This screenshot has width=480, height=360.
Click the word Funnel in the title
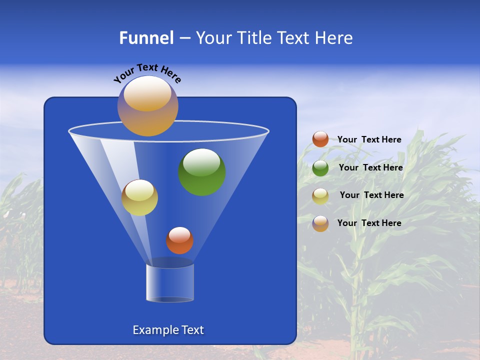point(146,38)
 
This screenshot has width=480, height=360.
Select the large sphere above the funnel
point(148,106)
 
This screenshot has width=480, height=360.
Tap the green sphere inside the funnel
point(202,172)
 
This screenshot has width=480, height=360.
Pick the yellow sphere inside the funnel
point(139,197)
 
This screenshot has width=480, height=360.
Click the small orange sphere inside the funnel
point(179,240)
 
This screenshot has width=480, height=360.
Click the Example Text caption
point(168,330)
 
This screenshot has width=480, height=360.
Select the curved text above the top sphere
point(147,73)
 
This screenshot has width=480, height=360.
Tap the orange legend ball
point(320,139)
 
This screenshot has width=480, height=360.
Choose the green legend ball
point(320,168)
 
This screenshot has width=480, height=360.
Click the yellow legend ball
point(320,196)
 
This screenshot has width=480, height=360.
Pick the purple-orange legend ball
point(320,223)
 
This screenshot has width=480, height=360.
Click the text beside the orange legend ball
point(369,139)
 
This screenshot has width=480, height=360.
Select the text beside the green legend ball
point(370,167)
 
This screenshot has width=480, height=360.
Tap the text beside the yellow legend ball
point(371,195)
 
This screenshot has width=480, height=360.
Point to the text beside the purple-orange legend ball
point(369,223)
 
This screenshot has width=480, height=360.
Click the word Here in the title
point(334,38)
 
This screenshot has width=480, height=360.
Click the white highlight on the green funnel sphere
point(202,162)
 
